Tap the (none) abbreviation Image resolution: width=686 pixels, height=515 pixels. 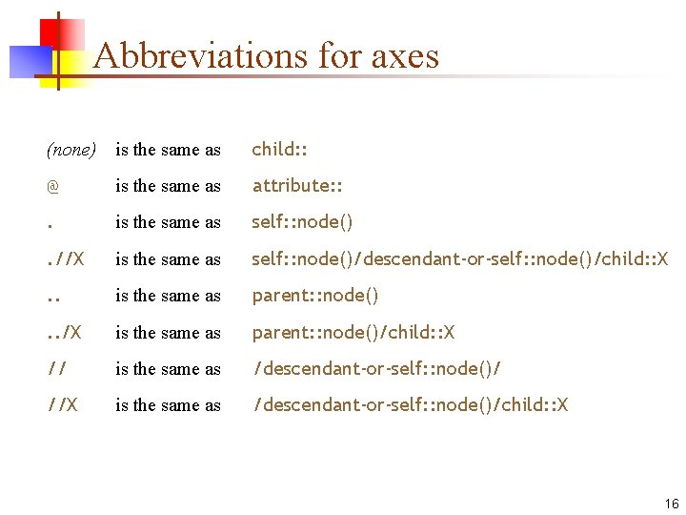coord(71,150)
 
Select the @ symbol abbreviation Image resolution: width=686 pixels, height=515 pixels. coord(52,186)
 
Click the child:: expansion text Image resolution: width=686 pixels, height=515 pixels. coord(279,150)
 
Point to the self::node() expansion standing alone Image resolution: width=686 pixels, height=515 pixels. coord(302,222)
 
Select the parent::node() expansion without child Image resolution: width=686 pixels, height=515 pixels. coord(315,296)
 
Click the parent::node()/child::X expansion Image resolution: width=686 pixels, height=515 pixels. coord(353,333)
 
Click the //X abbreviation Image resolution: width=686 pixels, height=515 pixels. coord(62,405)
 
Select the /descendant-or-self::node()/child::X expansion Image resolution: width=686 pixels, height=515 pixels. coord(410,405)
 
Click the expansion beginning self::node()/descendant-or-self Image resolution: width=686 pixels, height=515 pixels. coord(460,259)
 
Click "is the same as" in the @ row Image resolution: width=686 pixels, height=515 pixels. coord(168,186)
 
